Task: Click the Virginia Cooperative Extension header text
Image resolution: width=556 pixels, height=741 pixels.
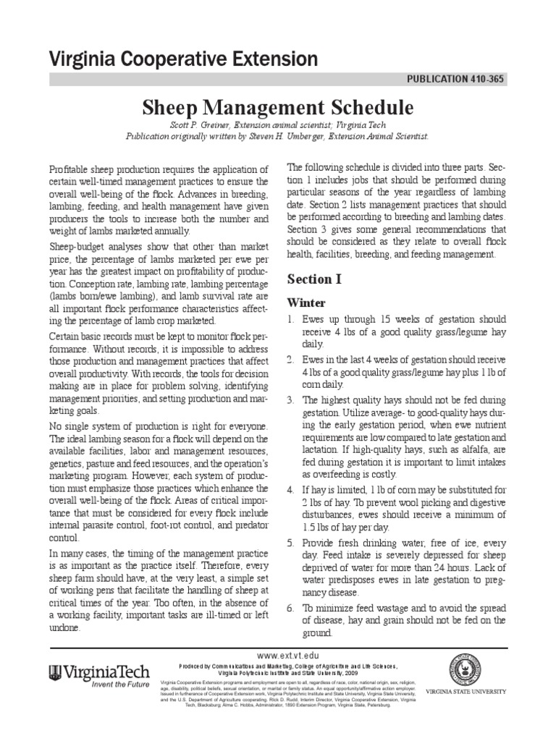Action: coord(182,59)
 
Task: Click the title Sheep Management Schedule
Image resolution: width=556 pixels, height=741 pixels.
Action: coord(277,108)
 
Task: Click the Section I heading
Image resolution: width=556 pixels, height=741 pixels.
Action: coord(313,279)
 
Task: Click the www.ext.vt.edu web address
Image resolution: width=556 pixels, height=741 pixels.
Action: coord(277,653)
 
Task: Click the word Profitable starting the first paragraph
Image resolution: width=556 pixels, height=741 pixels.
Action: coord(69,168)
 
